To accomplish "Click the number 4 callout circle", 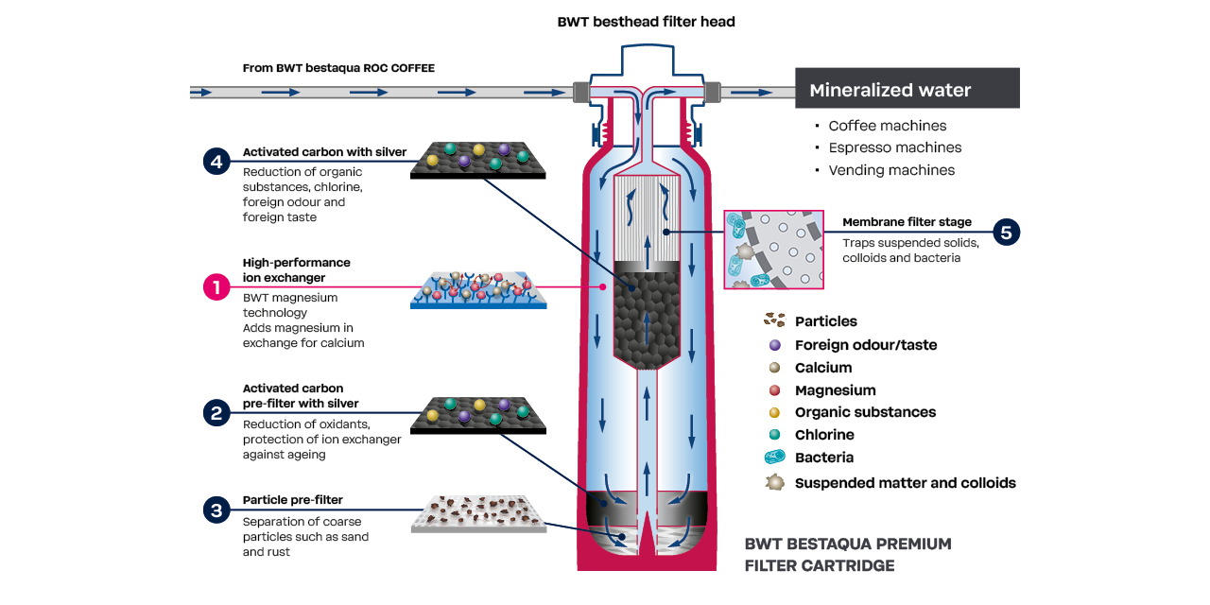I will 216,161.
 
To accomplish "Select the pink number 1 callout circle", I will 216,286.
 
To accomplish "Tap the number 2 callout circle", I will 216,412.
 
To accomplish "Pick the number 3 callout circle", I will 216,510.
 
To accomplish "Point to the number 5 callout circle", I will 1007,232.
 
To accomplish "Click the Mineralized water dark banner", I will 907,90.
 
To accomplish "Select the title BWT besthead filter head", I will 646,22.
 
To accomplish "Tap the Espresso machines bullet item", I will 894,147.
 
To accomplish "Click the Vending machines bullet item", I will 890,170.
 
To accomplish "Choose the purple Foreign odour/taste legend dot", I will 775,345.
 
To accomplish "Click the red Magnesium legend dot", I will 775,390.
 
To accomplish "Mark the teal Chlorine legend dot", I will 775,435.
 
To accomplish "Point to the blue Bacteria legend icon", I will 775,458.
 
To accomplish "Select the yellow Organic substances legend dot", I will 775,412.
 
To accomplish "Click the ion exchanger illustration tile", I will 478,288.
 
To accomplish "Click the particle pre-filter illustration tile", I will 478,514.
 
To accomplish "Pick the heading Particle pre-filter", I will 292,500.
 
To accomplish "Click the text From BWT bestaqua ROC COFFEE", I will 338,68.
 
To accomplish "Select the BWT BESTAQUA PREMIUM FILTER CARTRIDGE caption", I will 847,555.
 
